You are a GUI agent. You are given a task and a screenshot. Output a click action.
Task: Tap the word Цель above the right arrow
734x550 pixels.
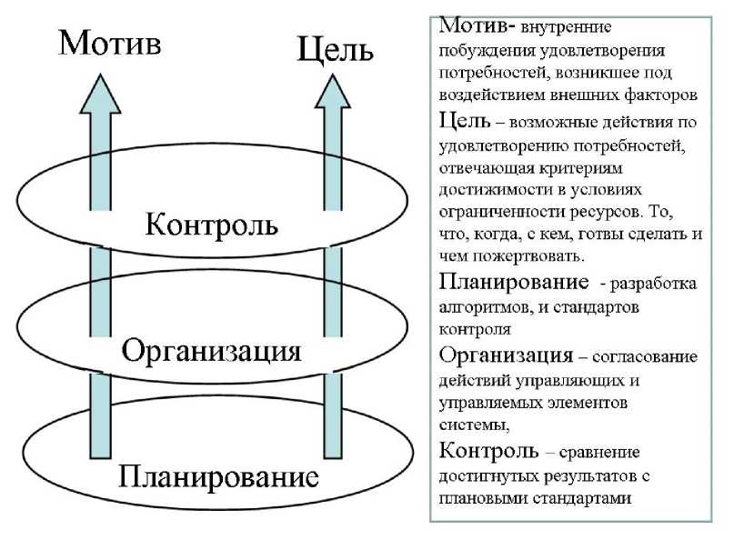point(336,49)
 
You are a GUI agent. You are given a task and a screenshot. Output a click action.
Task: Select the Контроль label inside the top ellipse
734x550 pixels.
point(212,224)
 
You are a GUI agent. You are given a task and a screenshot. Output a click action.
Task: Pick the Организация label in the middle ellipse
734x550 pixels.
point(211,350)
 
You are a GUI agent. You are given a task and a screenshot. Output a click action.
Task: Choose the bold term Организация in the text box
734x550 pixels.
point(506,355)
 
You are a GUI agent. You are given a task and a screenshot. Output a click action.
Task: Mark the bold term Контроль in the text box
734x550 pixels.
point(488,451)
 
